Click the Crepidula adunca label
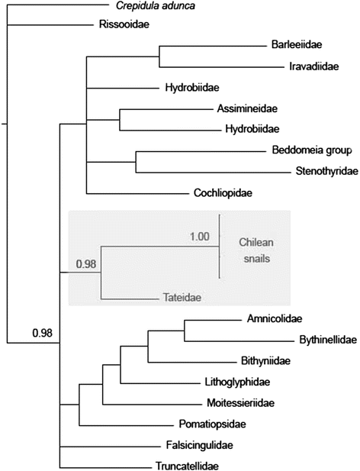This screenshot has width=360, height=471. click(156, 5)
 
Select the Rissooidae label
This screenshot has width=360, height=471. click(124, 24)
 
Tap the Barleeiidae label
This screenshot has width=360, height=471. click(297, 44)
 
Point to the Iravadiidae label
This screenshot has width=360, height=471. click(314, 66)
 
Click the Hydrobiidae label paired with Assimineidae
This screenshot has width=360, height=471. click(252, 129)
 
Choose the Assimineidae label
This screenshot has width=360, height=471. click(247, 108)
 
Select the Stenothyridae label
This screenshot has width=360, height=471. click(327, 171)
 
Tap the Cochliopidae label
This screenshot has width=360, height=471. click(223, 192)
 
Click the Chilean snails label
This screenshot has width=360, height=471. click(256, 250)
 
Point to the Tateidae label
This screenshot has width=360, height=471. click(182, 298)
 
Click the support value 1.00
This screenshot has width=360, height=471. click(200, 237)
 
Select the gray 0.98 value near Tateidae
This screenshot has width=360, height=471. click(86, 264)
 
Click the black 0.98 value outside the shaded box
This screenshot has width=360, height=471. click(42, 333)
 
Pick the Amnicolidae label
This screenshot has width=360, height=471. click(275, 318)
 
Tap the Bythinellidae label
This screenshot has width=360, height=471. click(328, 340)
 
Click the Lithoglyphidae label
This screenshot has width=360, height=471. click(237, 382)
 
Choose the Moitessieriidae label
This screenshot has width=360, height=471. click(240, 402)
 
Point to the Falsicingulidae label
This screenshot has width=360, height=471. click(200, 445)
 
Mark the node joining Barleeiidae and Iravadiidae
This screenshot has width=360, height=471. click(159, 56)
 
